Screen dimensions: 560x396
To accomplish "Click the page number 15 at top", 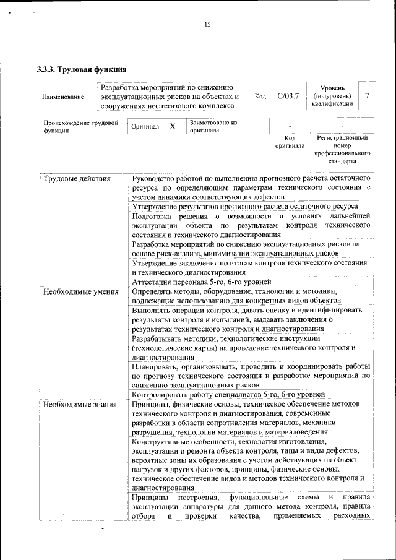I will point(207,25).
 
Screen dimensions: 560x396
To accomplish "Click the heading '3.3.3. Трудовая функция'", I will point(82,69).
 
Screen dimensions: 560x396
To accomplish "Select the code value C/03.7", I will point(288,96).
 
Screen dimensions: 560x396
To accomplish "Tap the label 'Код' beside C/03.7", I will point(260,97).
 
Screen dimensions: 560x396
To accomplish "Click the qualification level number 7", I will point(368,96).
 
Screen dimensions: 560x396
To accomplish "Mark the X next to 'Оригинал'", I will point(173,127).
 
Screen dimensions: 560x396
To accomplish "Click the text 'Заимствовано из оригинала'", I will point(213,126).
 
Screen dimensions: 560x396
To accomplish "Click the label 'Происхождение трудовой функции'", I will point(80,127).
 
